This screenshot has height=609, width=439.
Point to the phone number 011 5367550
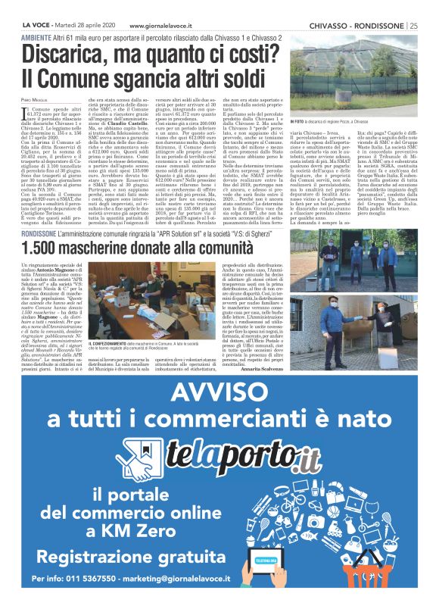[91, 598]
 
